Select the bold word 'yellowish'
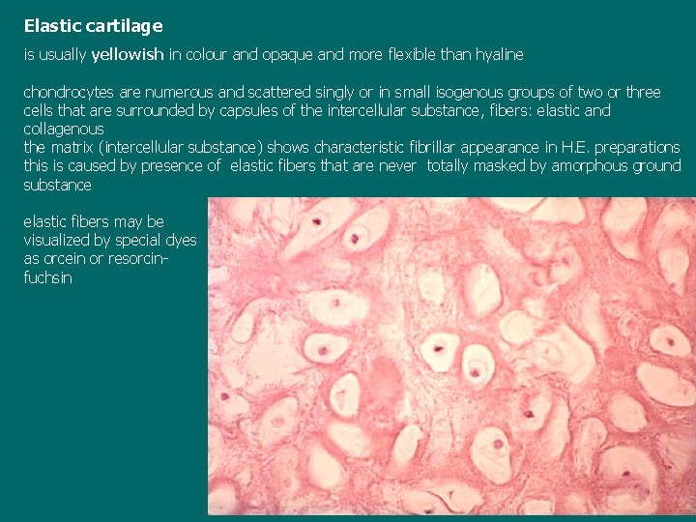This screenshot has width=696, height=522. [x=128, y=55]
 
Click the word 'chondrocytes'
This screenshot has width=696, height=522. [x=68, y=93]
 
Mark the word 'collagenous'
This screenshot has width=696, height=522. [x=64, y=130]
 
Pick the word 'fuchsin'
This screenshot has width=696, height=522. [x=47, y=277]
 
